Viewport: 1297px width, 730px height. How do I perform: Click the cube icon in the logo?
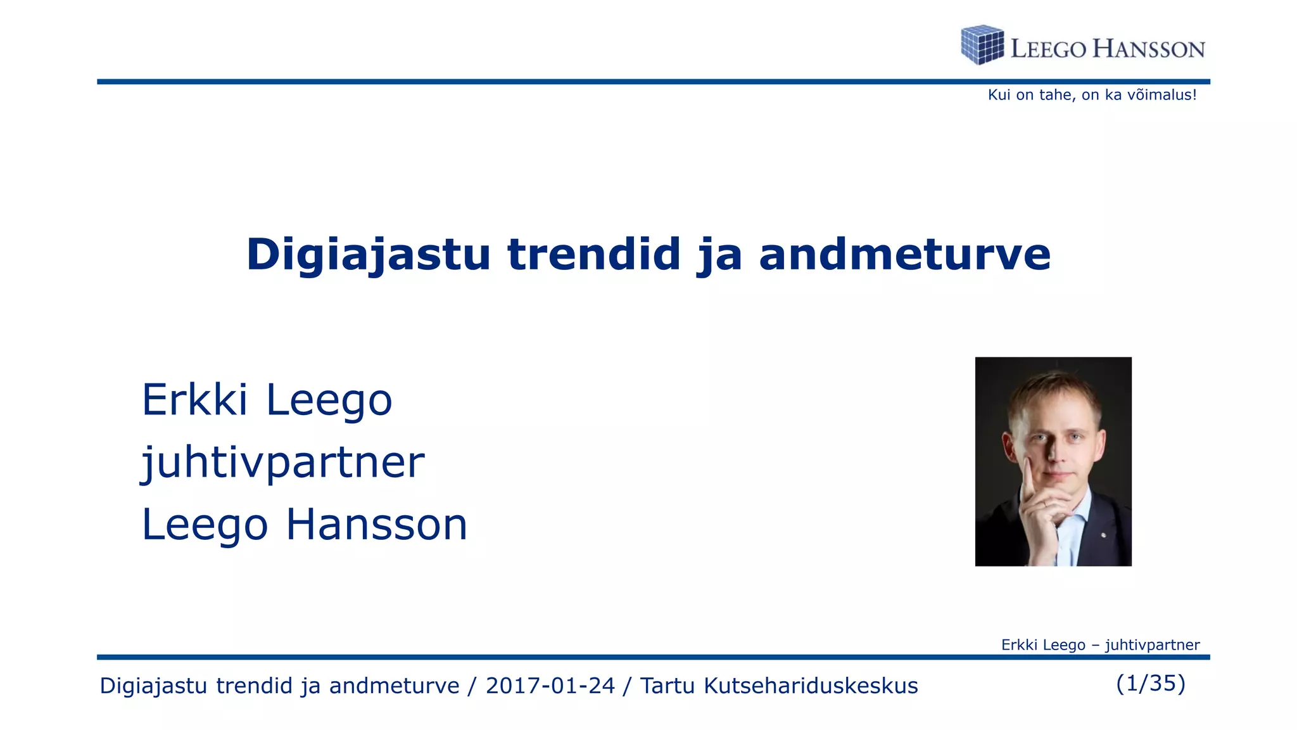click(982, 45)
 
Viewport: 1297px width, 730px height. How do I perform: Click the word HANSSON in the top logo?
click(1149, 49)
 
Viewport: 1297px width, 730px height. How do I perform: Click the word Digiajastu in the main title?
click(368, 255)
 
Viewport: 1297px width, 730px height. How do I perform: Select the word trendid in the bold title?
click(593, 255)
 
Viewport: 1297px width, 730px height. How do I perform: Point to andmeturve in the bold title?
click(904, 255)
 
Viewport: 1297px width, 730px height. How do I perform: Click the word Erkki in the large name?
click(194, 400)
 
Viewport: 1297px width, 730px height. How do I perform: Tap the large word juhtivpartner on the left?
click(282, 462)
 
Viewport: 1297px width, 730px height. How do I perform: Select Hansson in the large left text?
click(376, 525)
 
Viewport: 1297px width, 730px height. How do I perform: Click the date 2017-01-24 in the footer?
click(550, 686)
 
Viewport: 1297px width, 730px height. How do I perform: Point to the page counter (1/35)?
click(1150, 683)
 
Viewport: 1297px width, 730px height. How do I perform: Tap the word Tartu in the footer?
click(667, 686)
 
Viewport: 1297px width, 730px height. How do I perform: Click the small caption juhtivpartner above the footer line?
click(1152, 645)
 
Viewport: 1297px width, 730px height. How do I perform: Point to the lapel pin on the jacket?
click(1103, 535)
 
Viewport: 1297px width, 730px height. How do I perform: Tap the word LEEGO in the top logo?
click(1048, 49)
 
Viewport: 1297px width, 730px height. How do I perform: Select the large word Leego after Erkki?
click(329, 400)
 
